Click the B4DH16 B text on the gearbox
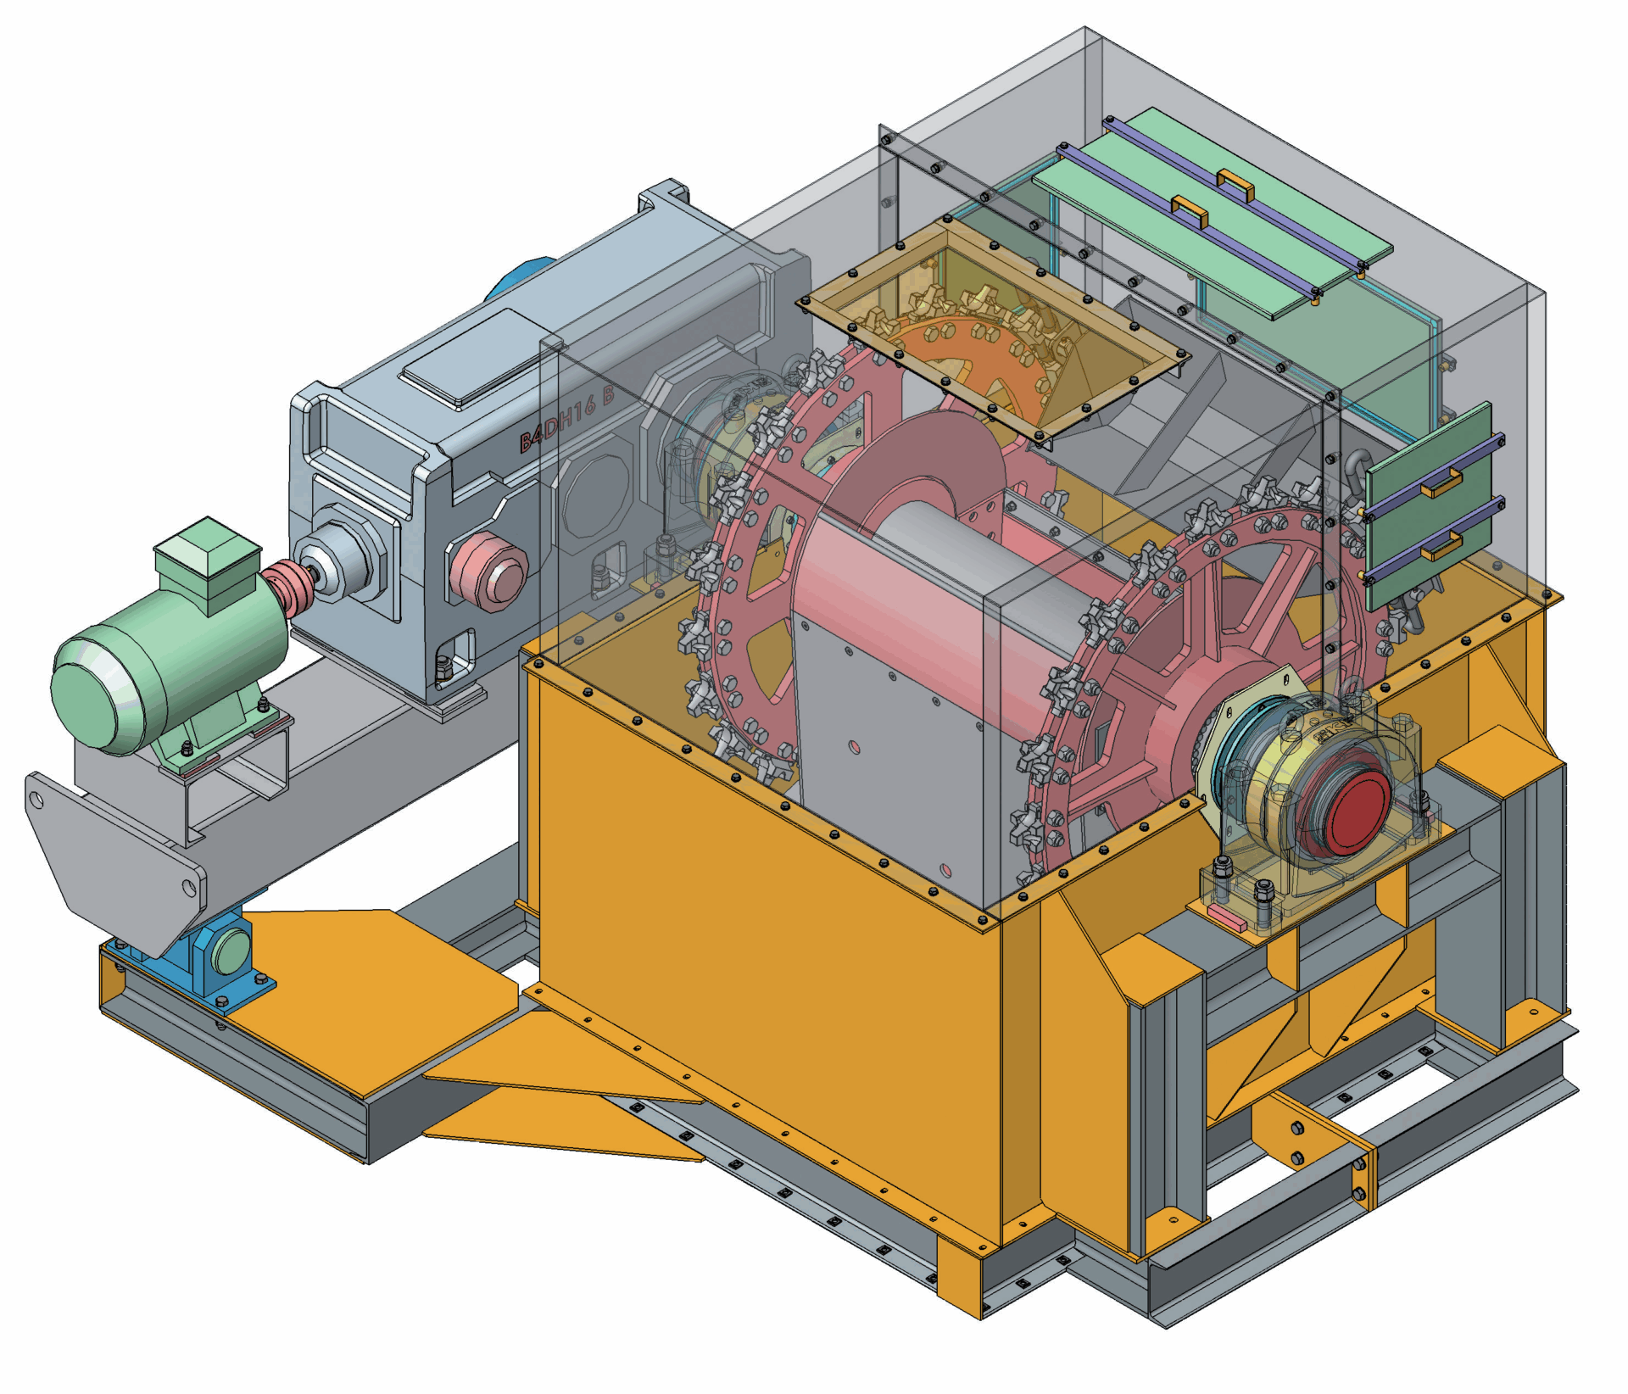point(566,420)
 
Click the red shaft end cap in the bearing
point(1357,812)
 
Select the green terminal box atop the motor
point(206,560)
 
